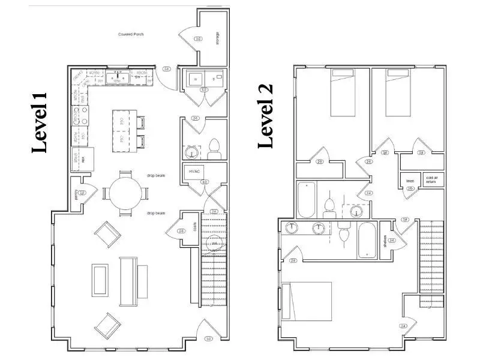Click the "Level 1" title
click(x=40, y=122)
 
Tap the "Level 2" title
click(x=266, y=116)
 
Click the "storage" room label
click(x=217, y=38)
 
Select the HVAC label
click(x=194, y=170)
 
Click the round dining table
click(x=125, y=194)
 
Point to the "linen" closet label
click(x=410, y=179)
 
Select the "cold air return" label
click(x=431, y=179)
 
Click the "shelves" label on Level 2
click(x=385, y=241)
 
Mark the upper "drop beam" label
click(x=156, y=175)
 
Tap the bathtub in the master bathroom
click(x=367, y=241)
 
